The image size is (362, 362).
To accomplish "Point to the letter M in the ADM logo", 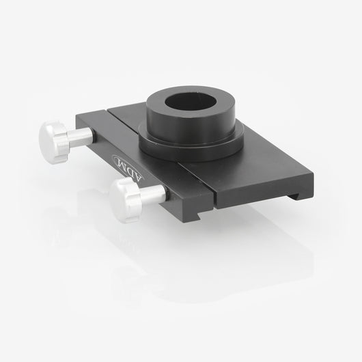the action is (x=121, y=162).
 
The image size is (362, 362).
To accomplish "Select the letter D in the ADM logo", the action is (x=129, y=169).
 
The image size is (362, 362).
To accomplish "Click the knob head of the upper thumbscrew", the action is (x=53, y=143).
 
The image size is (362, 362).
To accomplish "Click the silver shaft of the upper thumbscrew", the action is (x=81, y=137).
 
